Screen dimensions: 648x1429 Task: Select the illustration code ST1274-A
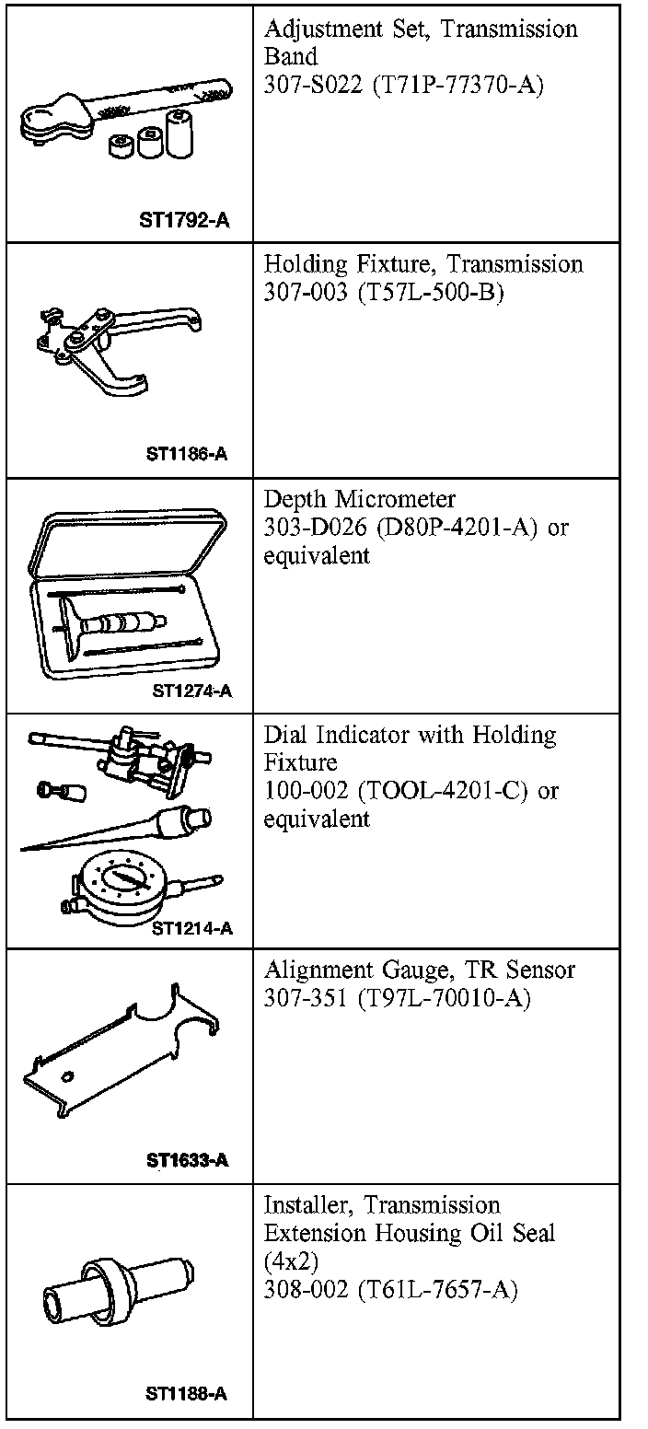click(191, 691)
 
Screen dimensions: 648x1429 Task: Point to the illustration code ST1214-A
click(191, 927)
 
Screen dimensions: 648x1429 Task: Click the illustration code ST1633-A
click(187, 1160)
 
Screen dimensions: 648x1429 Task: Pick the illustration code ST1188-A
click(186, 1394)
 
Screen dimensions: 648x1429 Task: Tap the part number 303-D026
click(306, 529)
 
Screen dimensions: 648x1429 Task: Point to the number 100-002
click(300, 791)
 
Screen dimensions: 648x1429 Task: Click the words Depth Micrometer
click(359, 499)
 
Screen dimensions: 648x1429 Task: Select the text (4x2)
click(289, 1261)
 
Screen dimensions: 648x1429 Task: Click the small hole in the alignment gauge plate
click(68, 1076)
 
